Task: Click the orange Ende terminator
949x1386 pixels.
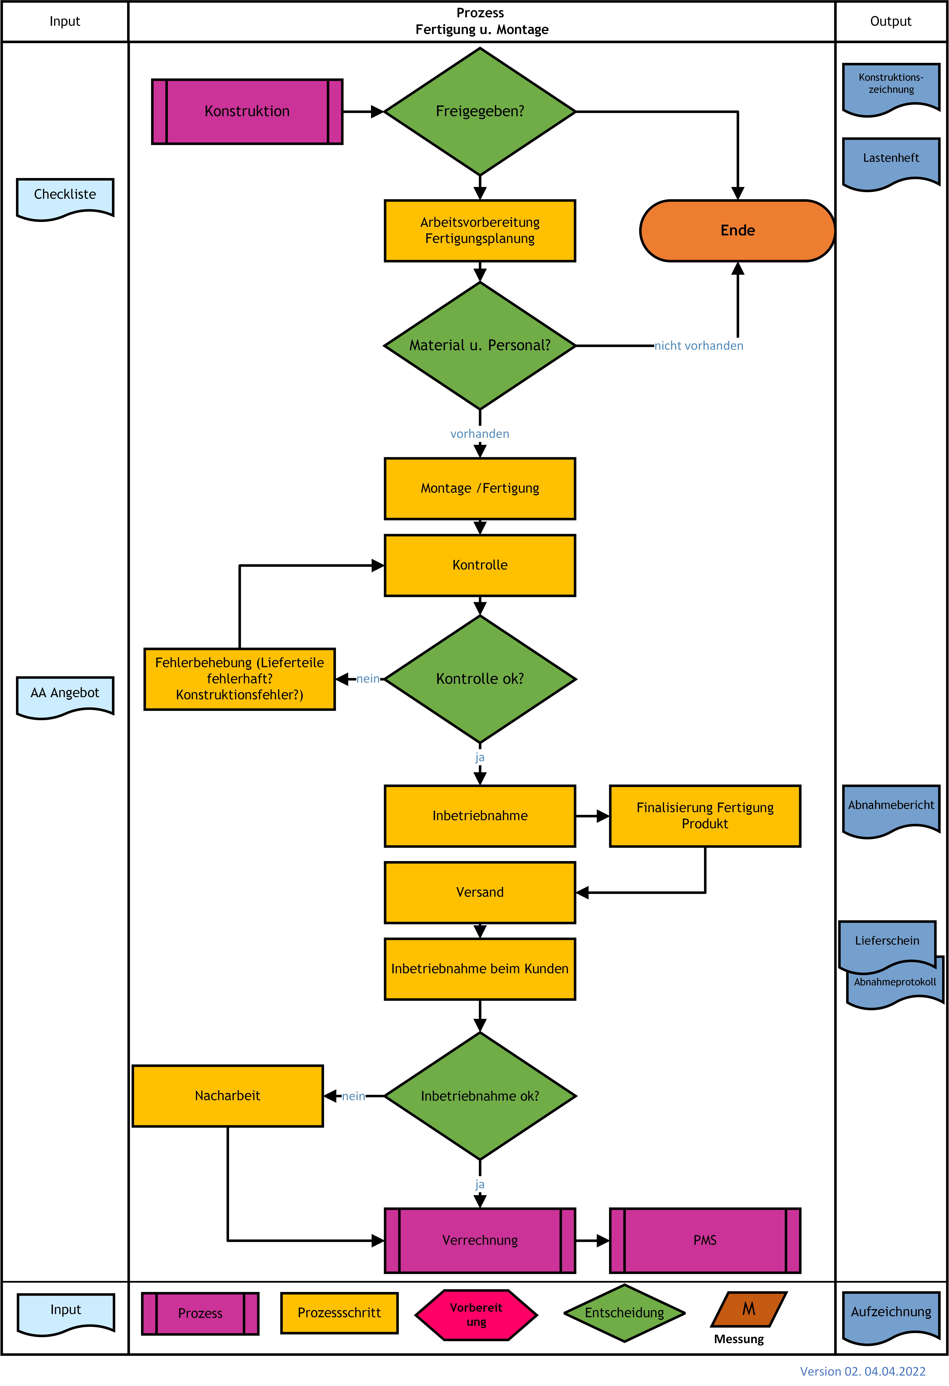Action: [x=737, y=231]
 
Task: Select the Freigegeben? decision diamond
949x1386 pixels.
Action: [x=480, y=111]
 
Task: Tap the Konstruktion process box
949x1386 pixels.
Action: [x=247, y=111]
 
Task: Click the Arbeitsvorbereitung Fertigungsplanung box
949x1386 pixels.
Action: [x=480, y=231]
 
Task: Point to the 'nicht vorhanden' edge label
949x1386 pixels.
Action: [x=699, y=346]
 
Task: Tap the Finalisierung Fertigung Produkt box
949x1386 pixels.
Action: [x=705, y=816]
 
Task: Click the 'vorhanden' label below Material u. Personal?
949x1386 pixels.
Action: [x=480, y=434]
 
